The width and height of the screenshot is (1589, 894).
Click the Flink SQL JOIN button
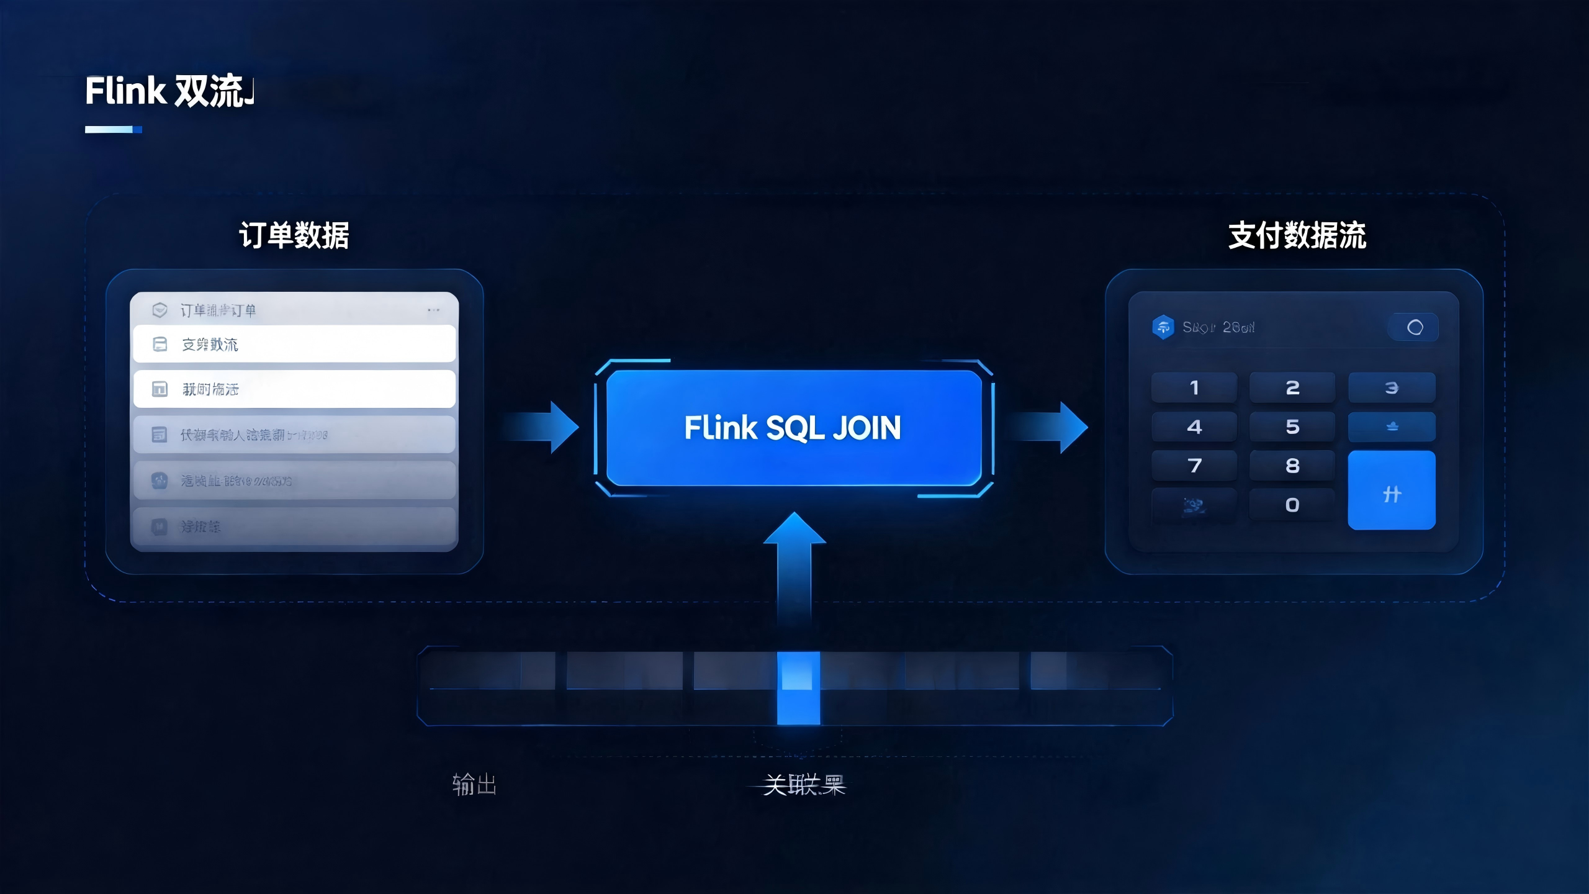pos(793,428)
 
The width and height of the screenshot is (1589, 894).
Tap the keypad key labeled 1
pos(1194,388)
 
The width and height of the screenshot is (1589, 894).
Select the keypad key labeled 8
pos(1292,466)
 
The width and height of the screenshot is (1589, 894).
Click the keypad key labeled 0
pos(1292,505)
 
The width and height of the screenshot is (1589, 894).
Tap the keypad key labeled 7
pos(1194,466)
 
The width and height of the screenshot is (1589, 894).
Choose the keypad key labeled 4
pos(1194,427)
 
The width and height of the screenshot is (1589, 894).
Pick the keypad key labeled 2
pos(1292,388)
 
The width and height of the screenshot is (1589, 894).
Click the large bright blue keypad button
pos(1392,490)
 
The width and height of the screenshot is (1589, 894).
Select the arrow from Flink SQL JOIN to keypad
pos(1049,427)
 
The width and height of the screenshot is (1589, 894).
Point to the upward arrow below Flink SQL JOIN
pos(794,565)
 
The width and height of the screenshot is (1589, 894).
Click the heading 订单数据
pos(294,236)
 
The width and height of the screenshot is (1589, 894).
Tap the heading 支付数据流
pos(1297,236)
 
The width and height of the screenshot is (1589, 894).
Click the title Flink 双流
pos(169,91)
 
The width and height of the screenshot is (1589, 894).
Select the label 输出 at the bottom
pos(474,785)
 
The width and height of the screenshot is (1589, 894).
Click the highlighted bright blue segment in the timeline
pos(798,688)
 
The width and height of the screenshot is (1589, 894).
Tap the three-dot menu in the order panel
pos(433,310)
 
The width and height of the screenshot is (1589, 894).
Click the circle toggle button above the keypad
pos(1415,327)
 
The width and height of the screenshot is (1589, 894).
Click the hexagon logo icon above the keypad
pos(1163,327)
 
